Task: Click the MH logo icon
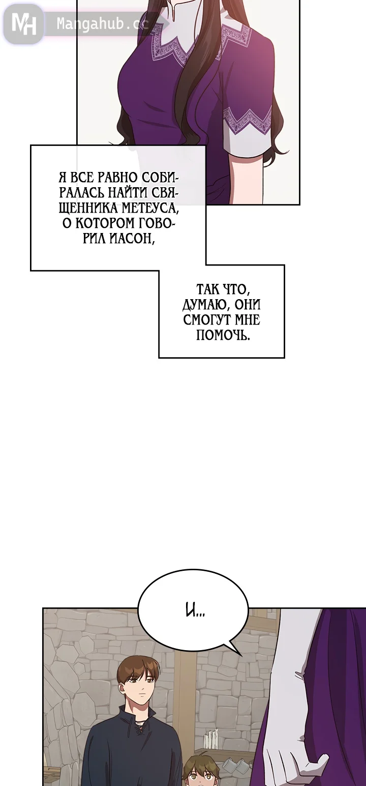23,23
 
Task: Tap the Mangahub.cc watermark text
102,24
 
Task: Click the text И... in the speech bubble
195,611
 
